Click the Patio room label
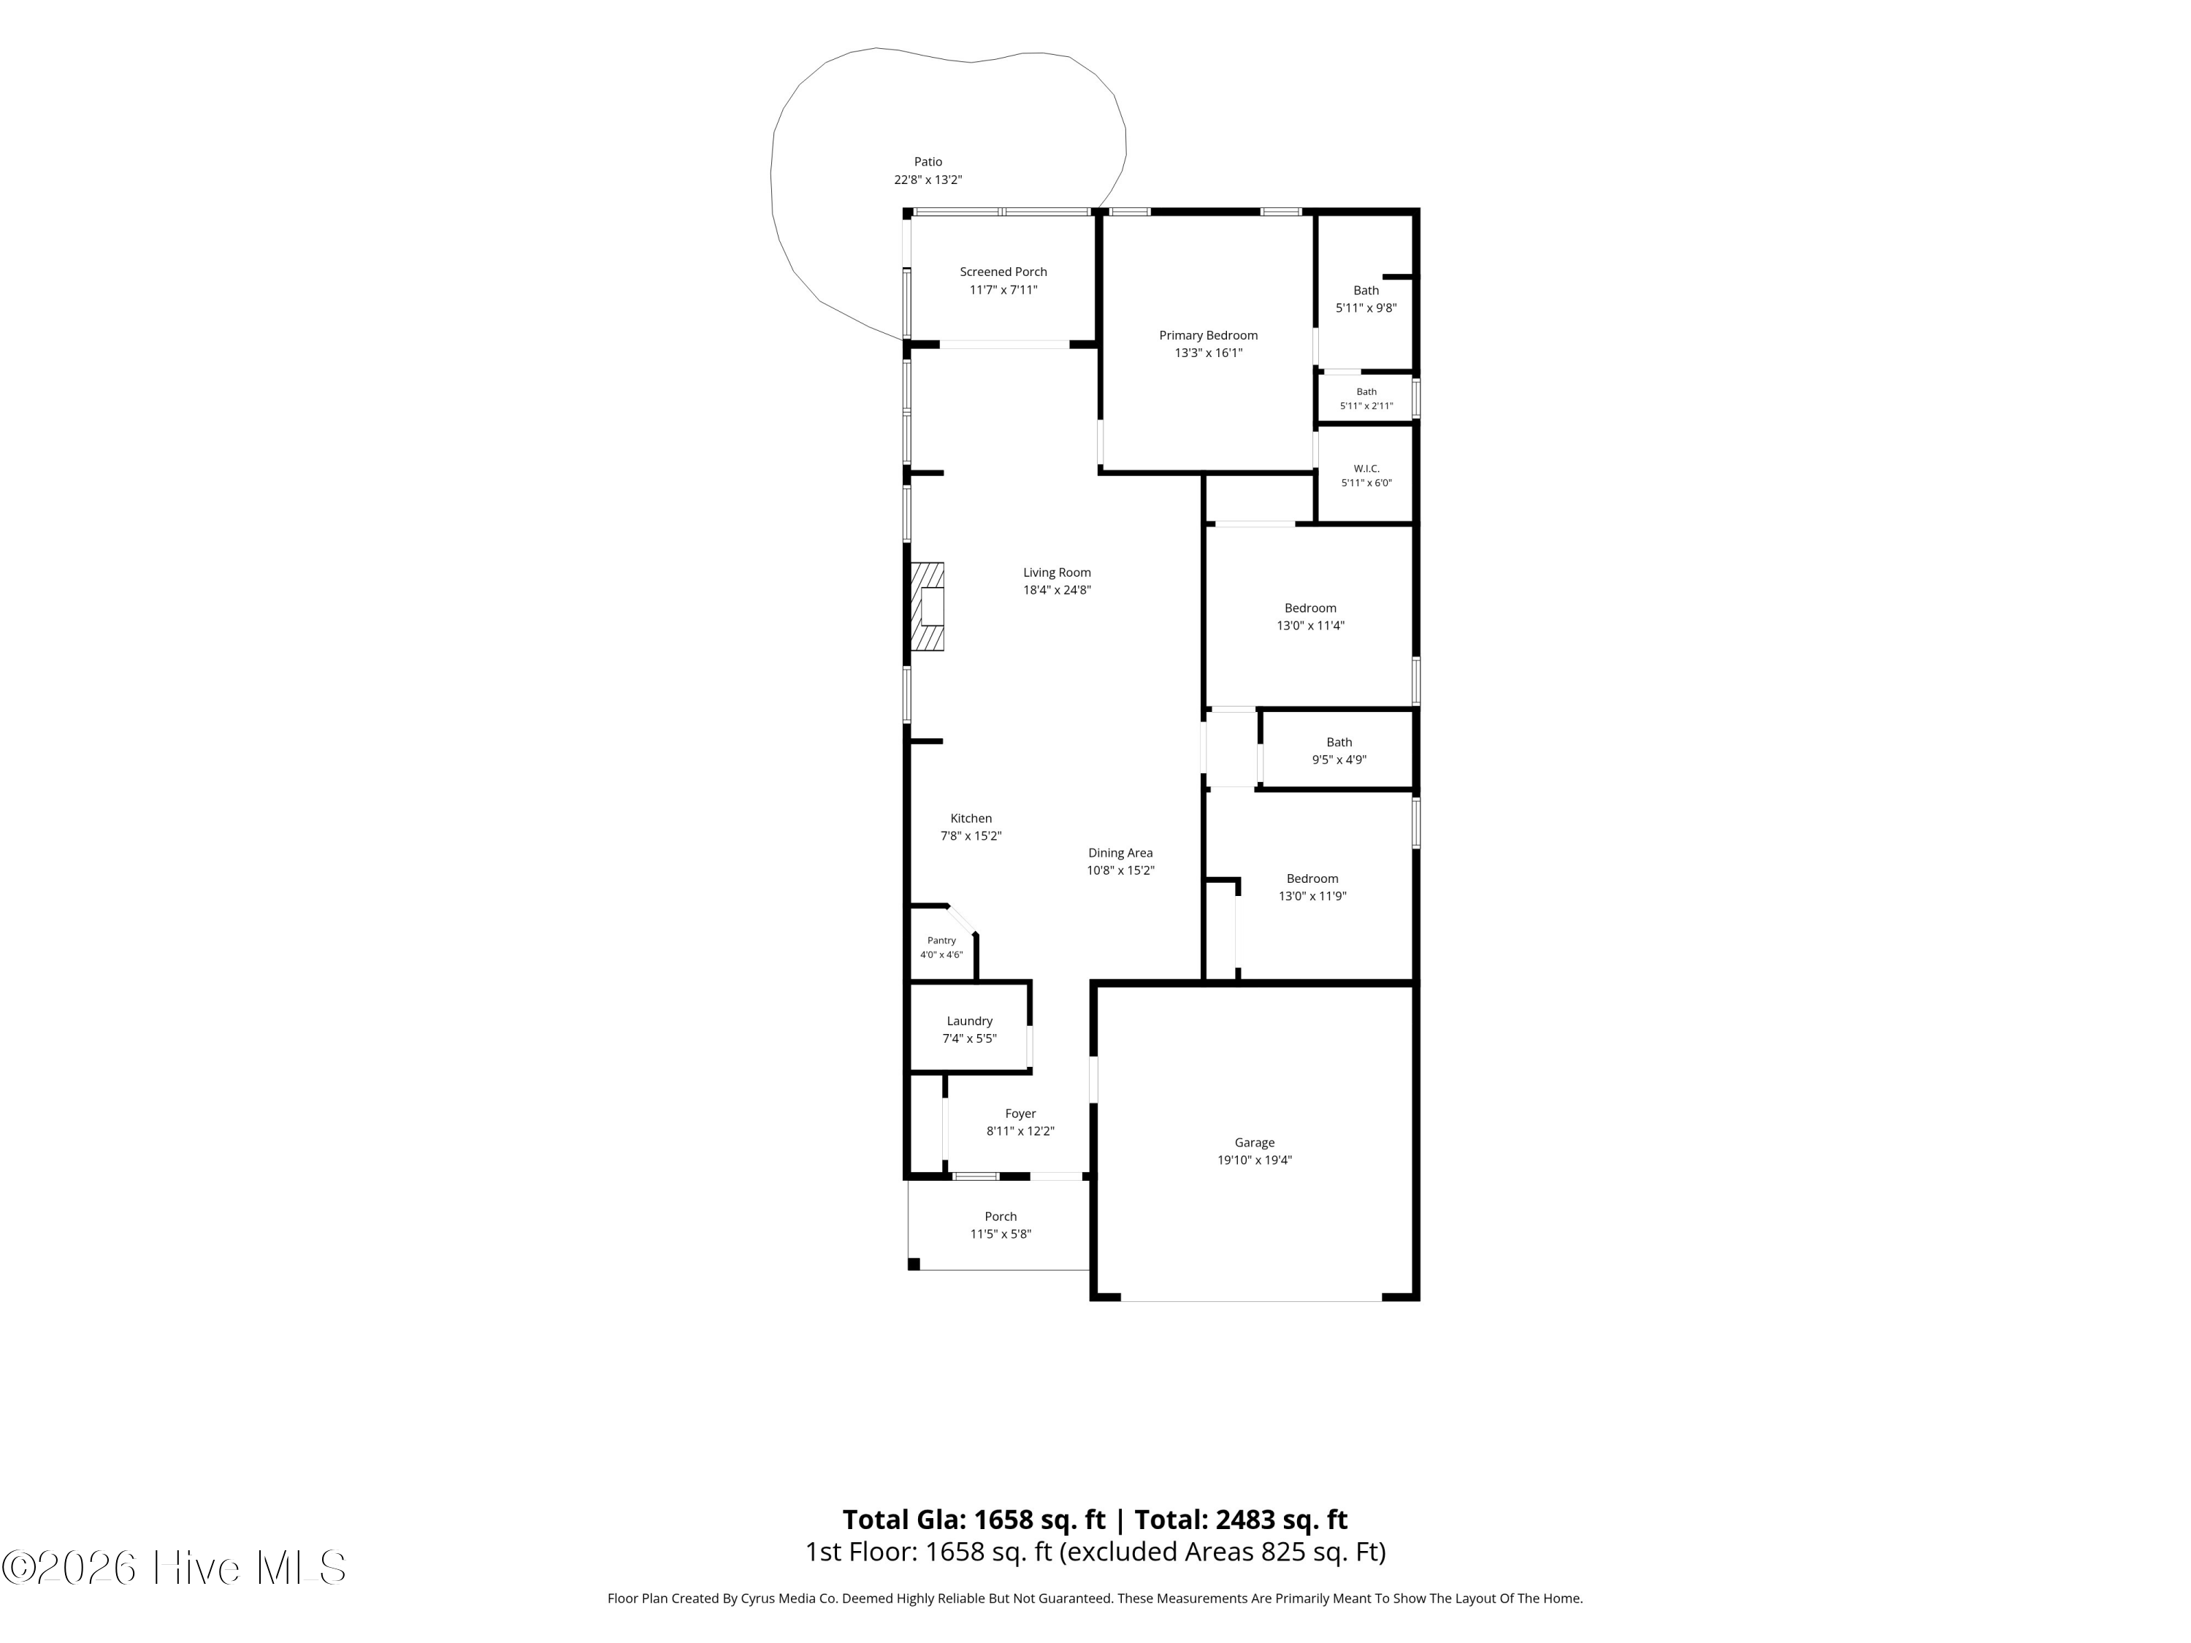pyautogui.click(x=928, y=162)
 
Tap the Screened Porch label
pyautogui.click(x=1003, y=272)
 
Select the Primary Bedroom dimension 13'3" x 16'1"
pyautogui.click(x=1209, y=353)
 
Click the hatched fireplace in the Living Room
pyautogui.click(x=927, y=607)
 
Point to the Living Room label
pyautogui.click(x=1057, y=572)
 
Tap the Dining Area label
pyautogui.click(x=1120, y=853)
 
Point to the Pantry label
pyautogui.click(x=941, y=941)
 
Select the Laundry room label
pyautogui.click(x=970, y=1021)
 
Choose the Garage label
pyautogui.click(x=1255, y=1143)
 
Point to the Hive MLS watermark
pyautogui.click(x=175, y=1568)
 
